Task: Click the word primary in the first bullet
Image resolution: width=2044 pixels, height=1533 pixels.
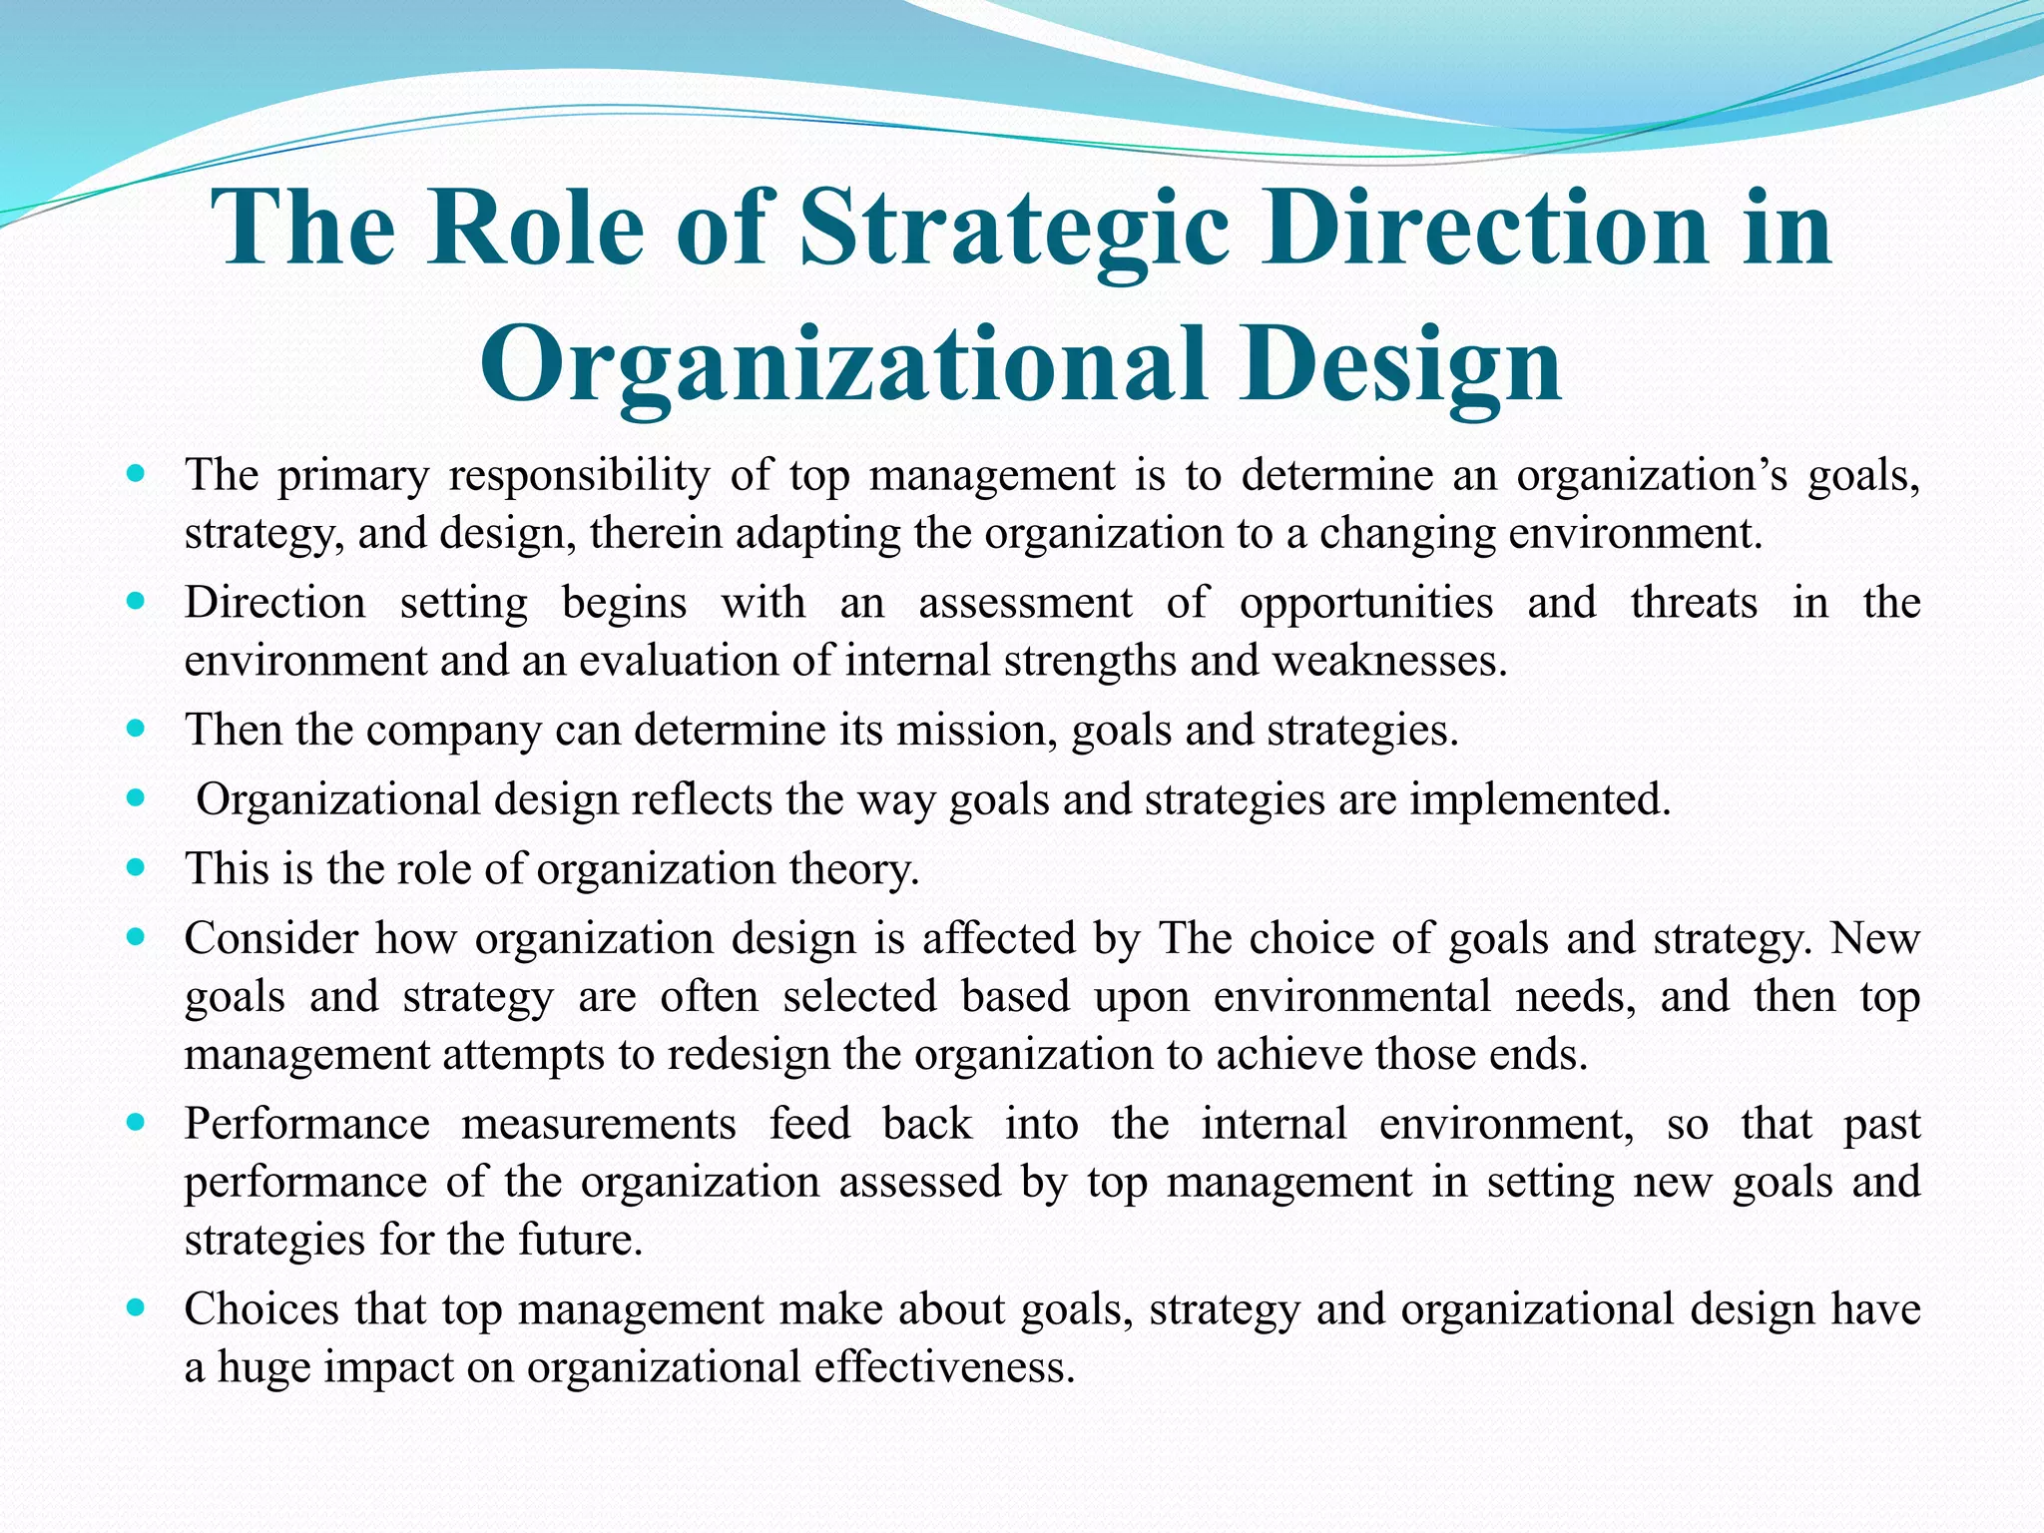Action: coord(352,476)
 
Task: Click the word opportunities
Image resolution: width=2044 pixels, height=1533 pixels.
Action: coord(1365,603)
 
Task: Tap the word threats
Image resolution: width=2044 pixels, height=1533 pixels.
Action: coord(1694,603)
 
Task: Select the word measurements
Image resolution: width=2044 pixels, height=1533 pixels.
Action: coord(599,1125)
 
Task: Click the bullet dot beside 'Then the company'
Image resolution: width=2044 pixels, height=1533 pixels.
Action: coord(137,729)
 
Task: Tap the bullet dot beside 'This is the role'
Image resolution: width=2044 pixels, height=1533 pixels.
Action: coord(137,867)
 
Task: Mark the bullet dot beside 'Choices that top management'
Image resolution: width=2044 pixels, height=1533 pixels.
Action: coord(137,1306)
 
